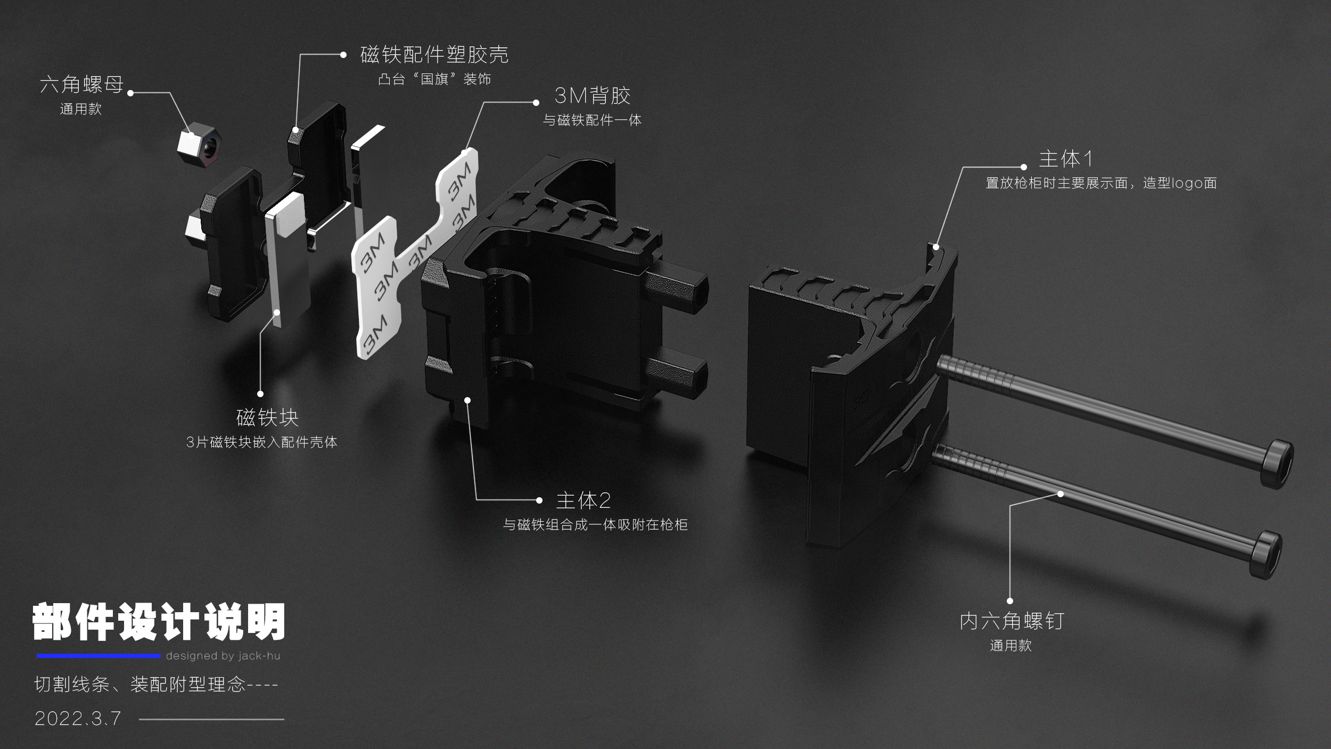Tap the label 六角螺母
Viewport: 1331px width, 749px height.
[81, 85]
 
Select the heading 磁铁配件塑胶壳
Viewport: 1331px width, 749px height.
[434, 55]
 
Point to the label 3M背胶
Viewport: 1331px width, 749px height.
[592, 96]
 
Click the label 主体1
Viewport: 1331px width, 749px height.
[1065, 159]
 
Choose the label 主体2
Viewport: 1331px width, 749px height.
[583, 500]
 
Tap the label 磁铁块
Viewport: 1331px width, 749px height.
[267, 417]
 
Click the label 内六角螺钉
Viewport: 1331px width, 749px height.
[1012, 621]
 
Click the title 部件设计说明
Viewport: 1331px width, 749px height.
[159, 622]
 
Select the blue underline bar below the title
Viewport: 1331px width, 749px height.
[98, 656]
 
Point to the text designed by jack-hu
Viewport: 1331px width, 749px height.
[223, 656]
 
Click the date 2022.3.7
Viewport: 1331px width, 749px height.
[78, 719]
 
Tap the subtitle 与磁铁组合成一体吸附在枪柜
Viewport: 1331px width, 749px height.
[595, 525]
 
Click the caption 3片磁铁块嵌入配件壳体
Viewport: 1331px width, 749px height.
[261, 442]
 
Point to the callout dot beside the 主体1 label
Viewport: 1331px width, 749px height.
[1023, 167]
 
